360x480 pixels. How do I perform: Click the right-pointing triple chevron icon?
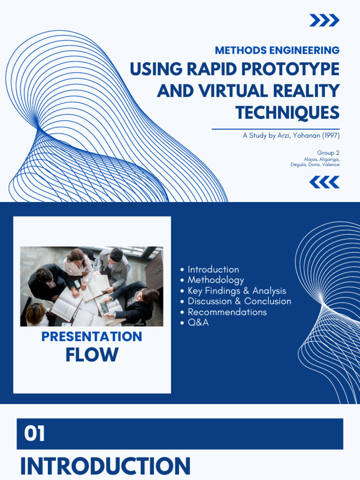(324, 20)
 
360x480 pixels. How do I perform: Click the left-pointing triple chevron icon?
(324, 182)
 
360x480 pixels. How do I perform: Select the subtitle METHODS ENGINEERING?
(277, 50)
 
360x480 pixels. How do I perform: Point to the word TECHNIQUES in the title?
(287, 112)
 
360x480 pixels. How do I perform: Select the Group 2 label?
(328, 152)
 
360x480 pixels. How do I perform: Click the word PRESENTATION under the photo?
(92, 337)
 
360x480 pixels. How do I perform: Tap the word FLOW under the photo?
(92, 354)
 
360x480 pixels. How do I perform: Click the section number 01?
(34, 434)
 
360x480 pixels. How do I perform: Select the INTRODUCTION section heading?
(105, 466)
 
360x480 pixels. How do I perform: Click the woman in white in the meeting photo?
(78, 266)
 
